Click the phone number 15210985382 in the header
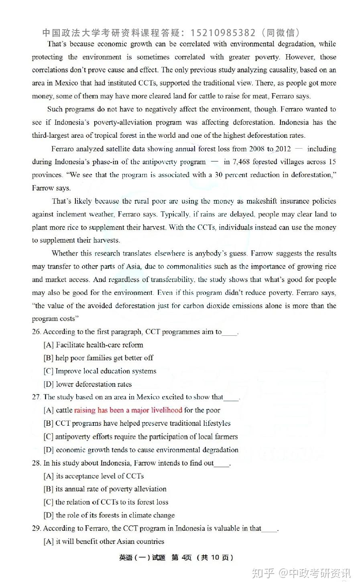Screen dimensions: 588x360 tap(223, 33)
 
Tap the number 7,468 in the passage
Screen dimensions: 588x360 tap(241, 161)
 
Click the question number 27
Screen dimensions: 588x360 tap(36, 397)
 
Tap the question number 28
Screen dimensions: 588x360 tap(36, 463)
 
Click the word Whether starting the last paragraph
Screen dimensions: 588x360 tap(66, 253)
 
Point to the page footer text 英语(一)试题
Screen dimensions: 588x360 tap(142, 557)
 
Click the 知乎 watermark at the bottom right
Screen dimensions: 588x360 tap(263, 573)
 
